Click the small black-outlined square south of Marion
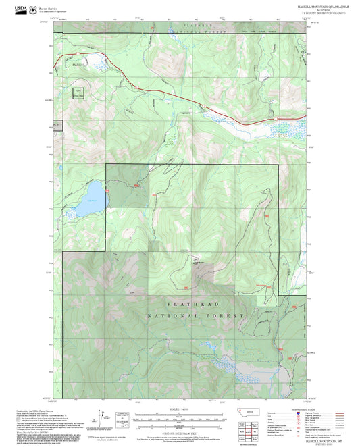[x=78, y=94]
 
